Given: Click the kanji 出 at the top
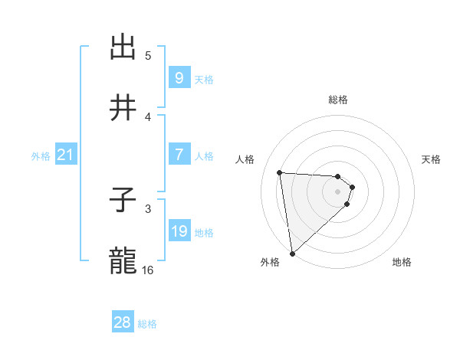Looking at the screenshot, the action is pos(123,47).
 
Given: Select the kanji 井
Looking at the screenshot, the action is pos(123,109).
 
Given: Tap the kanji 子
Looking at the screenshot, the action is pos(123,201).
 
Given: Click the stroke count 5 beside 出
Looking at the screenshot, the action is pos(148,55).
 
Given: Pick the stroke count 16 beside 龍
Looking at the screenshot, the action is pos(148,270).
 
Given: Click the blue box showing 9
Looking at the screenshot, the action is pos(179,78).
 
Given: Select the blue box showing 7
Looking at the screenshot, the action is pos(179,155).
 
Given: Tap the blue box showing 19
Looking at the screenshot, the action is pos(179,231).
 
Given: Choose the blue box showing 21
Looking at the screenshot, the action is pos(66,155).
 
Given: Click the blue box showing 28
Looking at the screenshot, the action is pos(123,322).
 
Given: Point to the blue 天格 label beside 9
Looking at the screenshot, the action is pos(204,80).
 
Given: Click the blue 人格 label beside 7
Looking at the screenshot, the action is pos(204,156).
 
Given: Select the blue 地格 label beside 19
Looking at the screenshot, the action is pos(204,233).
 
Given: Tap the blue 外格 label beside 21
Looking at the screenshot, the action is pos(41,156).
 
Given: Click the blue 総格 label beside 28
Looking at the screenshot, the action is pos(147,324).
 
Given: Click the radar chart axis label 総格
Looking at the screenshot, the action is pos(338,100).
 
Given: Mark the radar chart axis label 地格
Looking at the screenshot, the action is pos(402,262).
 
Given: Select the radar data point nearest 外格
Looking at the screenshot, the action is pos(292,253).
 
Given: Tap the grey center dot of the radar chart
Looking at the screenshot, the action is pos(338,191).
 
